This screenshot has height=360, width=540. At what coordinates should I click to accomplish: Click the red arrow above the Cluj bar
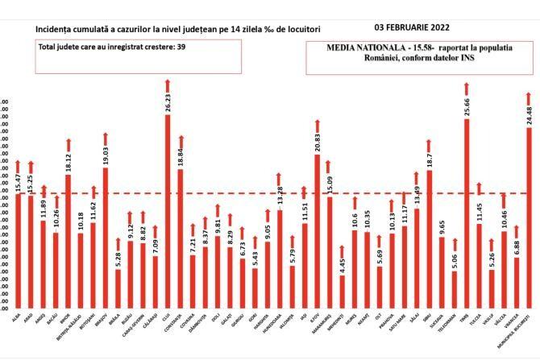pos(167,86)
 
